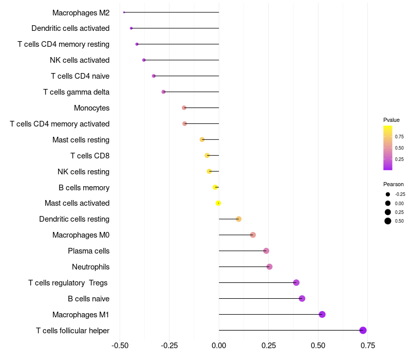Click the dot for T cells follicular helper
coord(363,330)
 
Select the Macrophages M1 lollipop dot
coord(322,314)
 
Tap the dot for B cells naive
coord(302,298)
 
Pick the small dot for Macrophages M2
coord(124,12)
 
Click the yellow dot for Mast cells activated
coord(218,203)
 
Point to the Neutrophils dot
coord(269,266)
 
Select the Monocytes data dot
coord(184,107)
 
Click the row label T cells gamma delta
coord(76,92)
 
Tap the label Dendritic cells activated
coord(70,28)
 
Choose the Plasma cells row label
coord(88,251)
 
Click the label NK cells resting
coord(83,171)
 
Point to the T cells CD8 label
coord(90,155)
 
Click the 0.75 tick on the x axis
coord(367,345)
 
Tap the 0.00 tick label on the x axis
coord(219,345)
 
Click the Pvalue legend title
coord(391,120)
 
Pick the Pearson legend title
coord(394,184)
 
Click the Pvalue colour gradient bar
coord(388,148)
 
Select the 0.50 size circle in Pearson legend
coord(388,221)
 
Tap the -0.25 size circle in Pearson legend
coord(388,194)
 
